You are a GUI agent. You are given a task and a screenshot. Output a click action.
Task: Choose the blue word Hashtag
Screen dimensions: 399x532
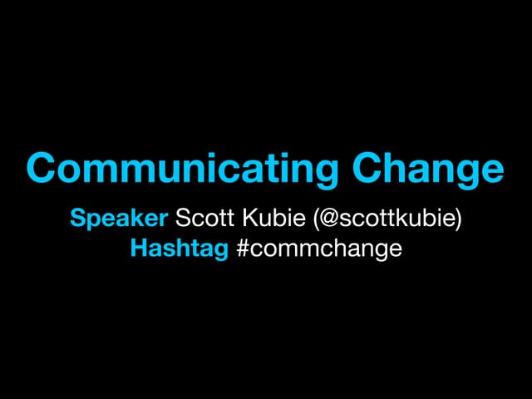[179, 248]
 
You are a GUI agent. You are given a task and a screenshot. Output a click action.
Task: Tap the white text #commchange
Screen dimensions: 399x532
[319, 248]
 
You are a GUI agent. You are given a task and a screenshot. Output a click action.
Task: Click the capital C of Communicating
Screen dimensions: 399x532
[42, 168]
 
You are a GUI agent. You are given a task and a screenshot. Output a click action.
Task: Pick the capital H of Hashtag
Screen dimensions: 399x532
[138, 248]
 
